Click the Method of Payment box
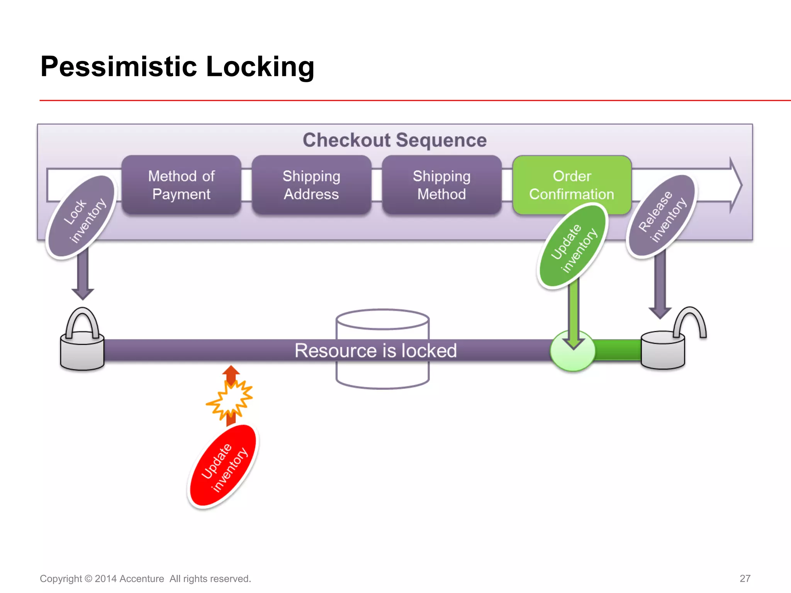coord(181,185)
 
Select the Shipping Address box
coord(311,185)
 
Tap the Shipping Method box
coord(441,185)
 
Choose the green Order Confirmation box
coord(572,185)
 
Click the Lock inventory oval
coord(81,217)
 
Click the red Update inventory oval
coord(223,466)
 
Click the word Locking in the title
coord(260,67)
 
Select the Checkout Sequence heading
coord(394,140)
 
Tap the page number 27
coord(745,578)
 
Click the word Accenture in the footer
coord(141,579)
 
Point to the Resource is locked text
coord(375,351)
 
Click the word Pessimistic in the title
coord(119,67)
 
